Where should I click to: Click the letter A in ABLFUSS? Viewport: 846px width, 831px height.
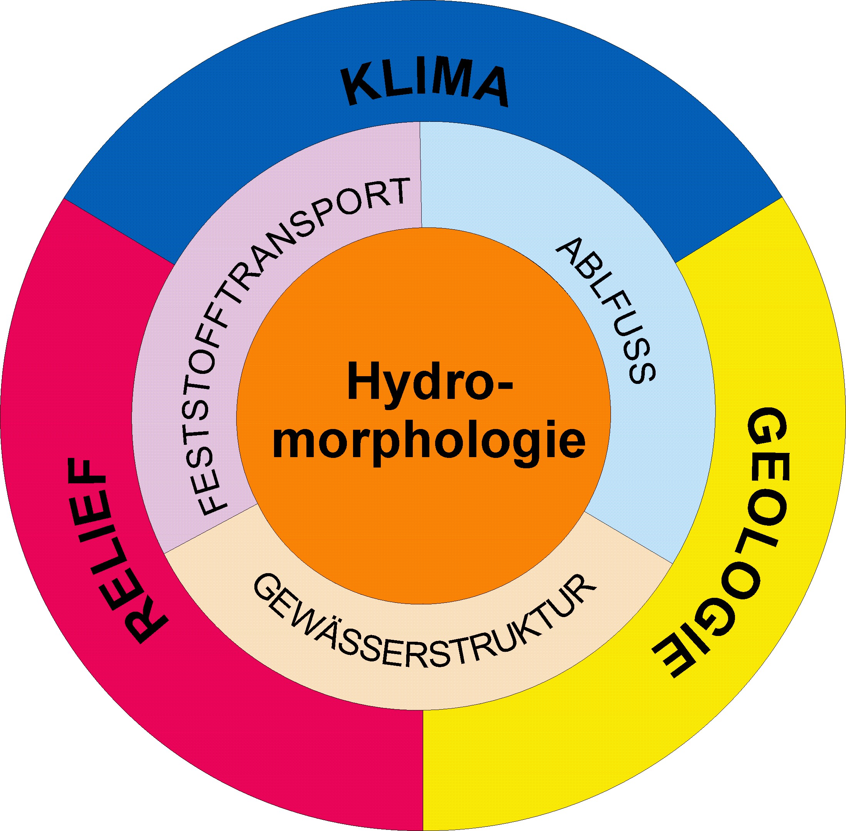[569, 251]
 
